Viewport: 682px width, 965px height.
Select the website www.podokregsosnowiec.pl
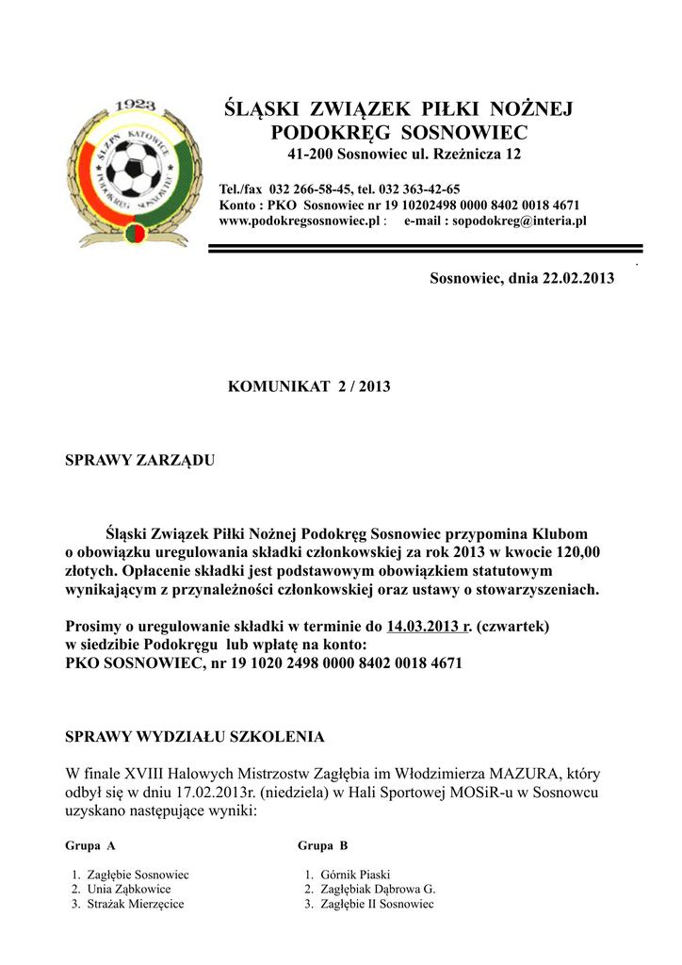(299, 221)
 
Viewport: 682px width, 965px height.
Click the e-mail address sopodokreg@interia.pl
(520, 221)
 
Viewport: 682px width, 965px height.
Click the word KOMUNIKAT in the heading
(273, 387)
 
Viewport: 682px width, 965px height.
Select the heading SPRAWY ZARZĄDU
(139, 461)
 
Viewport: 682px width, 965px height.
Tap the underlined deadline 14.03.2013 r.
(429, 626)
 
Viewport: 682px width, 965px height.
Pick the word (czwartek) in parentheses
(512, 626)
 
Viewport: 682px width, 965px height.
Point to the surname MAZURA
(525, 774)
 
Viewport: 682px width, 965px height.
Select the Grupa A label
(90, 845)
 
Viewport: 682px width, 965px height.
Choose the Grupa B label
(323, 845)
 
